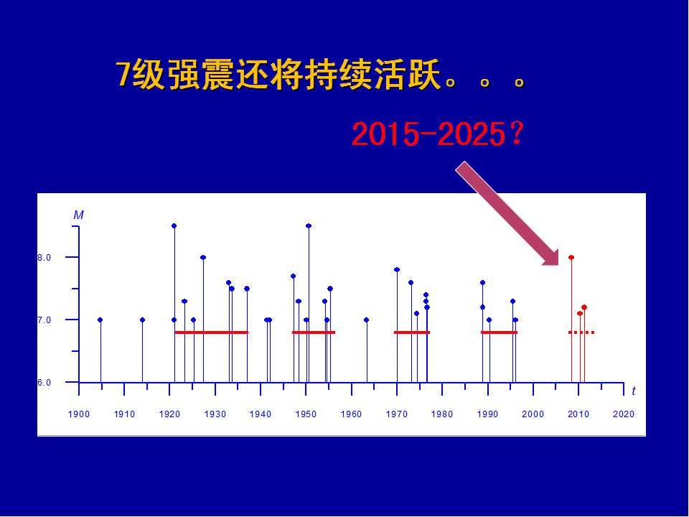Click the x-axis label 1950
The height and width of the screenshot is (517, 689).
pyautogui.click(x=306, y=414)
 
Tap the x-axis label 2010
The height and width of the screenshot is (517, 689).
pyautogui.click(x=578, y=414)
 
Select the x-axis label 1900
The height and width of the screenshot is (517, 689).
pyautogui.click(x=79, y=414)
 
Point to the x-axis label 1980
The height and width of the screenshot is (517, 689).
pyautogui.click(x=442, y=414)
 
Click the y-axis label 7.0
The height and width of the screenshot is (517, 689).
pyautogui.click(x=44, y=320)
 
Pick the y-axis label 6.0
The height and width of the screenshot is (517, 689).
pyautogui.click(x=44, y=383)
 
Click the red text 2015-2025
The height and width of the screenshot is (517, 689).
pyautogui.click(x=428, y=134)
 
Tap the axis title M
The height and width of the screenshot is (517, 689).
pyautogui.click(x=79, y=215)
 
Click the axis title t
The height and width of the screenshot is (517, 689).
pyautogui.click(x=634, y=391)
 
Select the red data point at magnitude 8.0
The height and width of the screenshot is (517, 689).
pyautogui.click(x=571, y=257)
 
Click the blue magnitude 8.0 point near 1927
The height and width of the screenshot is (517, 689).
pyautogui.click(x=203, y=257)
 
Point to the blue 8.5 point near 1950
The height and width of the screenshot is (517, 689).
pyautogui.click(x=309, y=226)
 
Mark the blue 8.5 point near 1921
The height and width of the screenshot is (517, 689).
pyautogui.click(x=174, y=226)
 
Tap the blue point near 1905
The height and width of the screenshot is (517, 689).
pyautogui.click(x=100, y=320)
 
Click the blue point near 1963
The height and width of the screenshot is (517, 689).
pyautogui.click(x=367, y=320)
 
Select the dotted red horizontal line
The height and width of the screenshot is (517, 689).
pyautogui.click(x=581, y=332)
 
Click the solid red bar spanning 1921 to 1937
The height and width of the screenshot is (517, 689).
pyautogui.click(x=211, y=332)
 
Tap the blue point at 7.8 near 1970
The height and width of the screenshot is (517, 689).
pyautogui.click(x=397, y=269)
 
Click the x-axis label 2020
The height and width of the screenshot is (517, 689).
pyautogui.click(x=624, y=414)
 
